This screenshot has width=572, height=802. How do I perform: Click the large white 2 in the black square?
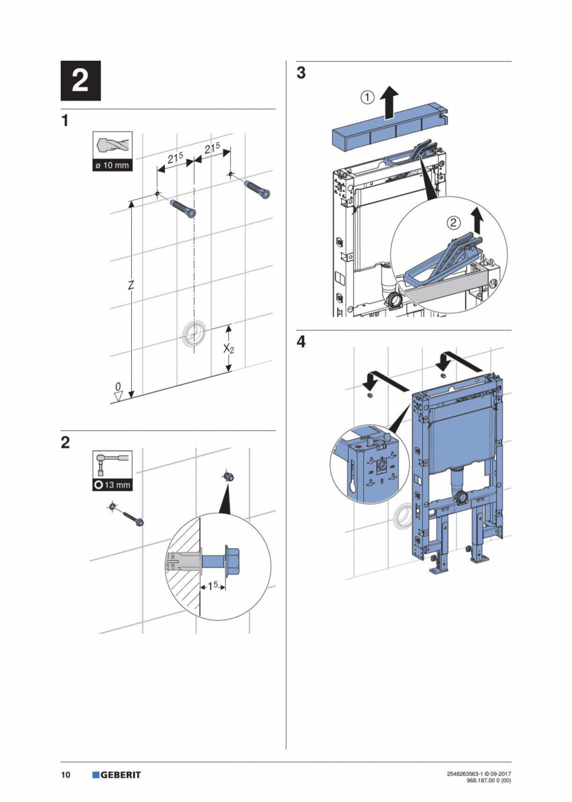click(80, 81)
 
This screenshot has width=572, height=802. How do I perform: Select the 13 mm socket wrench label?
click(113, 484)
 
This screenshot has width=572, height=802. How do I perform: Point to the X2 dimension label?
click(229, 349)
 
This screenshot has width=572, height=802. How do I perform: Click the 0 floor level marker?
click(118, 388)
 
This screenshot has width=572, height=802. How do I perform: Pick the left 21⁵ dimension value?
click(175, 158)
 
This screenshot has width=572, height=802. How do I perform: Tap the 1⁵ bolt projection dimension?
click(213, 586)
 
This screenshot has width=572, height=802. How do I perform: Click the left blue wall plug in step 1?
click(183, 208)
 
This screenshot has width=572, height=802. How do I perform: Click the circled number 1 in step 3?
click(367, 97)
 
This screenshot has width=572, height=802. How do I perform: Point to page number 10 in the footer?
click(65, 775)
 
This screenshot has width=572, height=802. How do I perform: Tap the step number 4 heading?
click(301, 342)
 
